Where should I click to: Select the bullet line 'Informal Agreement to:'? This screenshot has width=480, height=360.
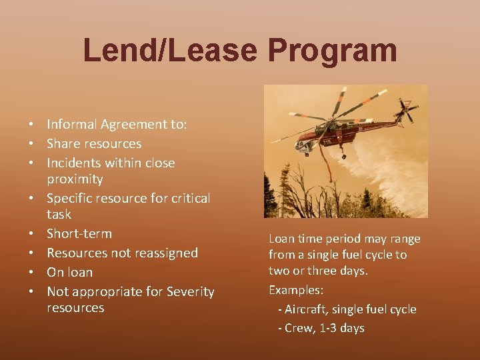click(x=117, y=124)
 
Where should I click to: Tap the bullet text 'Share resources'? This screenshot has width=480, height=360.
click(x=94, y=143)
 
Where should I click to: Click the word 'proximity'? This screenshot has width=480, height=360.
click(x=75, y=179)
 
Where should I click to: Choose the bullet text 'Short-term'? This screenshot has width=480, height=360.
click(x=79, y=233)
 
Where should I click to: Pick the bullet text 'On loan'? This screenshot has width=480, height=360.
click(x=69, y=272)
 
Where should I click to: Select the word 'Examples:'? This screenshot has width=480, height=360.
click(x=296, y=290)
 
